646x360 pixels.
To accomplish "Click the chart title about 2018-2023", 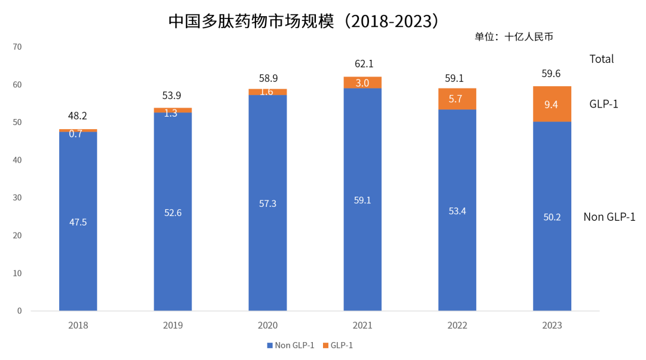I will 304,21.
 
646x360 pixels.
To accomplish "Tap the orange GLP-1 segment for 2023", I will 552,104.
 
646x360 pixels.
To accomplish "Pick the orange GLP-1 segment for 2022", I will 458,99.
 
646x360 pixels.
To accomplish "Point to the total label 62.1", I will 362,64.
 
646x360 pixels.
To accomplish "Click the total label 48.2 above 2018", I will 78,116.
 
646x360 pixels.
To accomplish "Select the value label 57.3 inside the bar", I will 268,203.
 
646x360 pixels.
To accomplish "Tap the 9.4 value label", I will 552,105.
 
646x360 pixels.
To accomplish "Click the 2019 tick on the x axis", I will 173,326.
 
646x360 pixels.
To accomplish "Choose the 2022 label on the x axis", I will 458,326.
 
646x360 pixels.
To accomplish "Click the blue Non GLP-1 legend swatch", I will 269,346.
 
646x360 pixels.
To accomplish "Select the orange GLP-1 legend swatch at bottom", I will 325,346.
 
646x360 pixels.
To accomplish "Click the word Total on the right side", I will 602,59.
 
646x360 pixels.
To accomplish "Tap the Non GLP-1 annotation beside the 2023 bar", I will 609,217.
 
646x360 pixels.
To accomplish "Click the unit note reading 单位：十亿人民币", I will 514,37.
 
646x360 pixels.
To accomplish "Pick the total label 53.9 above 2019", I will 173,96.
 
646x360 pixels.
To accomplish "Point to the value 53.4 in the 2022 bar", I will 458,210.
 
